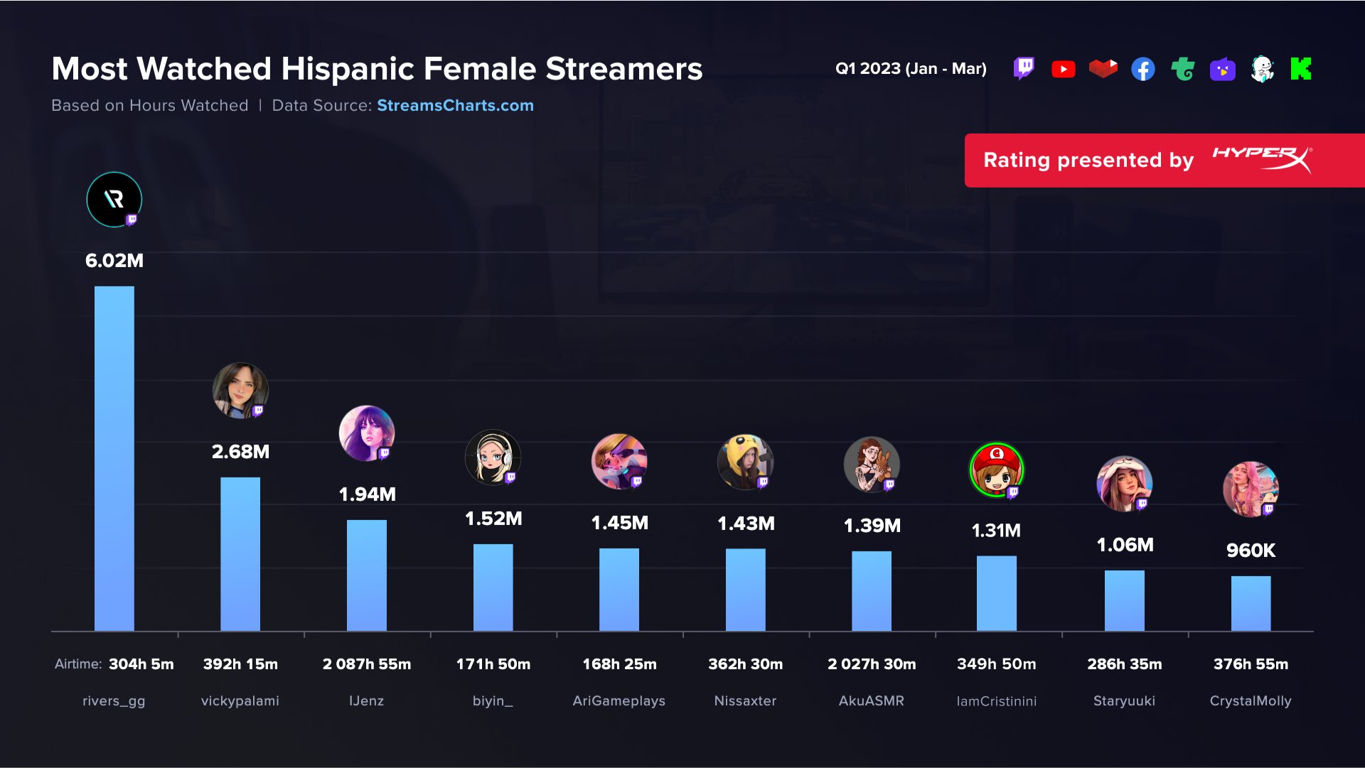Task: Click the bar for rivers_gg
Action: [x=114, y=458]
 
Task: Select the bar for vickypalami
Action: [x=240, y=553]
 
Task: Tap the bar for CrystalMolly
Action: [x=1251, y=603]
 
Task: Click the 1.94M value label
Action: [x=367, y=494]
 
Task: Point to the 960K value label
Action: [x=1251, y=550]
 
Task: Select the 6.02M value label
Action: [x=114, y=260]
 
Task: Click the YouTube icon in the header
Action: [x=1063, y=69]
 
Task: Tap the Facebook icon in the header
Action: [x=1142, y=69]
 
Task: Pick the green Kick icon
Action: [x=1300, y=69]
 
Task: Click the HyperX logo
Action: [x=1262, y=159]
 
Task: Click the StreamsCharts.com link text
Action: [x=455, y=105]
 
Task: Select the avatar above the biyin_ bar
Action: [x=493, y=458]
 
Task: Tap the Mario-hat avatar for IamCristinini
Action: [x=996, y=470]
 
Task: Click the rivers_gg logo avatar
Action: [x=114, y=200]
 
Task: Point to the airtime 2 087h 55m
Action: [x=367, y=664]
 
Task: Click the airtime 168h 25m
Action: [x=619, y=664]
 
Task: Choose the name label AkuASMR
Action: [x=871, y=701]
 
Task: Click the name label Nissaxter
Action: [x=745, y=701]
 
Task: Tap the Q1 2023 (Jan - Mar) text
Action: [x=911, y=69]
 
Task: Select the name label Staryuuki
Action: [x=1124, y=701]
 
